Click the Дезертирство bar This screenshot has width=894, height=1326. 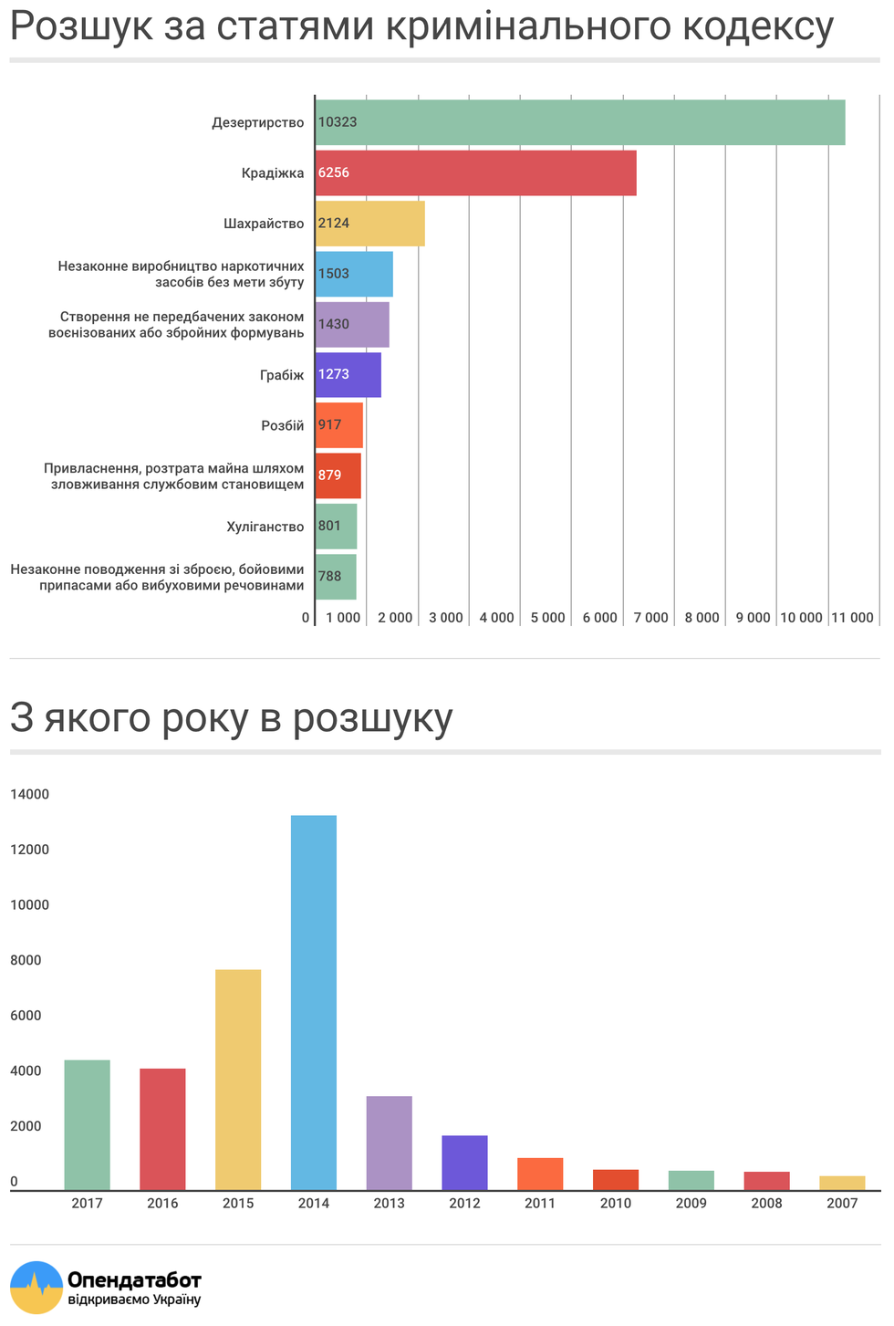tap(580, 122)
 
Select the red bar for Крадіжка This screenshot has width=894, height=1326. tap(475, 172)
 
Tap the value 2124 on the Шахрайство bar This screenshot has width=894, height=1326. tap(334, 224)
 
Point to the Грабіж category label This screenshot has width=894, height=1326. tap(282, 375)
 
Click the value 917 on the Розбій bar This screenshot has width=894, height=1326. tap(329, 424)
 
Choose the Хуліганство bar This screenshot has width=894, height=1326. tap(336, 527)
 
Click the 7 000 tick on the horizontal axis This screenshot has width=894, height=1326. tap(650, 618)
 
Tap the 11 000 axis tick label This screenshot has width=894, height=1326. tap(852, 618)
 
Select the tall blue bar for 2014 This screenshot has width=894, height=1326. tap(314, 1002)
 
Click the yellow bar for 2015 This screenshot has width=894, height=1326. tap(238, 1080)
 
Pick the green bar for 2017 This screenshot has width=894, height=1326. tap(87, 1124)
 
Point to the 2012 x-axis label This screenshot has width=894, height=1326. tap(464, 1203)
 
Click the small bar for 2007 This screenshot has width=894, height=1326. tap(842, 1183)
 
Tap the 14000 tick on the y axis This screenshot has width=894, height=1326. tap(29, 794)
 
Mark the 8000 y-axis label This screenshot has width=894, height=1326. tap(26, 959)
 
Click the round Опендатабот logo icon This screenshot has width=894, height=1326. tap(36, 1287)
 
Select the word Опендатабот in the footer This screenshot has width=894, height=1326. tap(134, 1279)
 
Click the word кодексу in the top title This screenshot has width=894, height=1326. tap(758, 26)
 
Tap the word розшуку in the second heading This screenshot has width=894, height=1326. tap(373, 718)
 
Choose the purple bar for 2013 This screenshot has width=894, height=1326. tap(390, 1143)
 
